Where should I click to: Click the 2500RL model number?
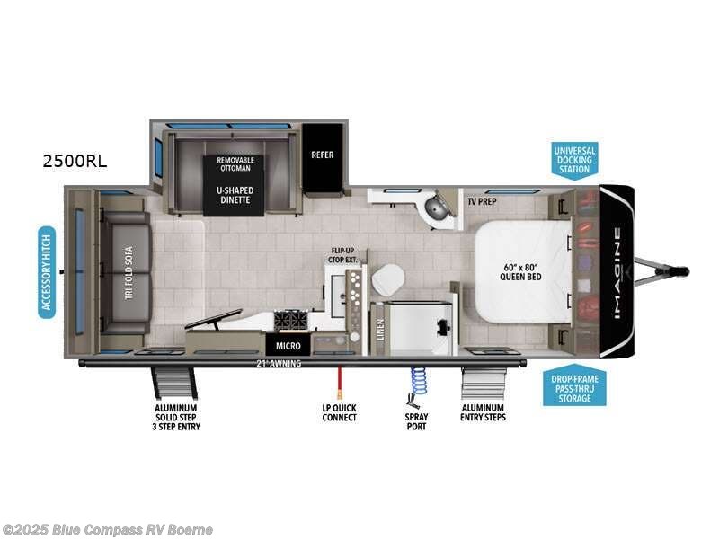tap(75, 162)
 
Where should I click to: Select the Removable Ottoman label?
tap(234, 164)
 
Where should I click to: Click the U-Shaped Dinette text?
tap(234, 195)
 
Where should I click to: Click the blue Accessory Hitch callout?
tap(47, 272)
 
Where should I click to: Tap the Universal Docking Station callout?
tap(574, 159)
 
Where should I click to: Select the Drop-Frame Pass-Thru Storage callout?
tap(574, 388)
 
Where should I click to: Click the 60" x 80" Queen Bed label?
tap(519, 271)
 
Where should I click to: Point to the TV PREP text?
tap(482, 202)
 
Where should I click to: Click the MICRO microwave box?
tap(288, 345)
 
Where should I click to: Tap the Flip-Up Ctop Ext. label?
tap(344, 255)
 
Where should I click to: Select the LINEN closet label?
tap(381, 330)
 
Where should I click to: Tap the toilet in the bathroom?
tap(387, 281)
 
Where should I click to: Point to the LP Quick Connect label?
tap(339, 412)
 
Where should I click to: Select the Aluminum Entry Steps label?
tap(483, 412)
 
